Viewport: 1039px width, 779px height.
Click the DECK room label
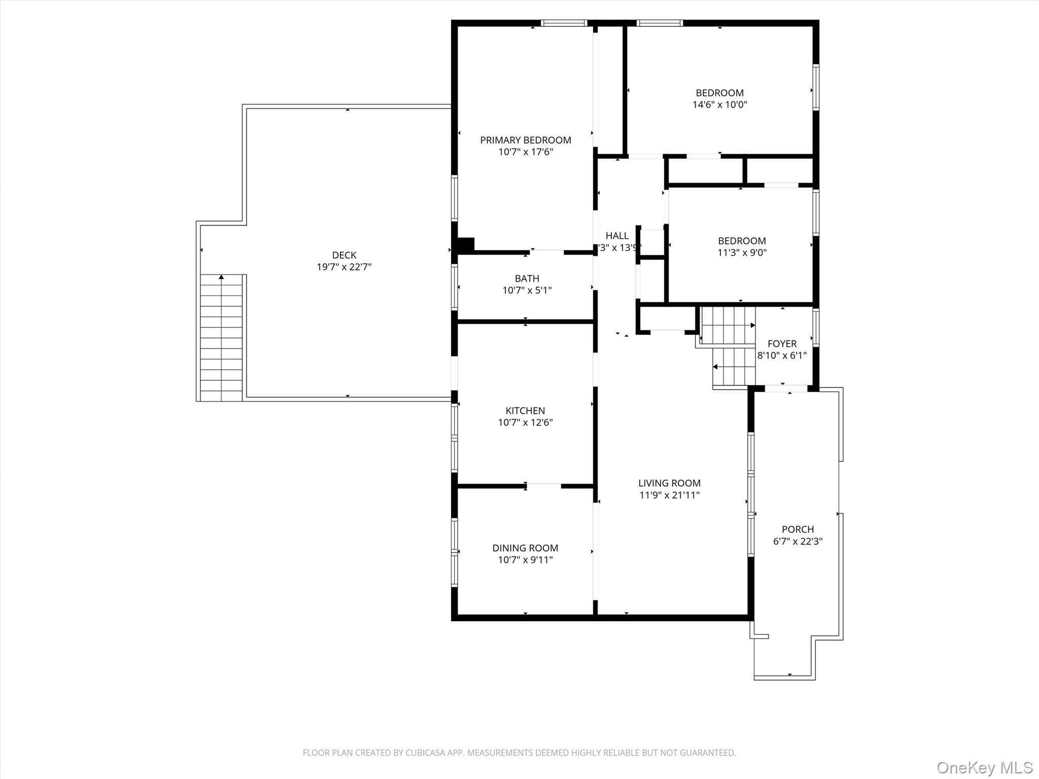tap(344, 255)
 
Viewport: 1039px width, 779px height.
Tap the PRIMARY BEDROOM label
tap(526, 140)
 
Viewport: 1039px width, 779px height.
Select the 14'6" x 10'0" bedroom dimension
tap(719, 105)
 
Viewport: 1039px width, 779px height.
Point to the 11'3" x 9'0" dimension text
tap(742, 253)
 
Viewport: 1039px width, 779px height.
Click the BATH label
tap(527, 278)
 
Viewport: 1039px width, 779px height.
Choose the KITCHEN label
tap(525, 411)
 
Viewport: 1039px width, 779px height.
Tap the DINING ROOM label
tap(525, 548)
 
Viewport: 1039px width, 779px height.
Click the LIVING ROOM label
tap(669, 483)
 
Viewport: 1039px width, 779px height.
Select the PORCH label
tap(798, 529)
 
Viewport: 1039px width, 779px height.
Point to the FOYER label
tap(782, 344)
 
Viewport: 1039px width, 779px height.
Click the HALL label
tap(617, 236)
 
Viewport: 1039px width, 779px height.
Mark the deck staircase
tap(221, 338)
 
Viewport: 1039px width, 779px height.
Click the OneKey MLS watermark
tap(984, 767)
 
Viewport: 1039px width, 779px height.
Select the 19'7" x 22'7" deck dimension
tap(344, 267)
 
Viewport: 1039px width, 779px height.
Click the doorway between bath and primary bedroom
tap(547, 252)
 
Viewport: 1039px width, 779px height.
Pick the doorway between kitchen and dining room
tap(544, 486)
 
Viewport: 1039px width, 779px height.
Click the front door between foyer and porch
tap(786, 389)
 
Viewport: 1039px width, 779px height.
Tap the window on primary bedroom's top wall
tap(564, 23)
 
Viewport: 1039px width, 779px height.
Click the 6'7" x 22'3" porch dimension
tap(798, 541)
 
